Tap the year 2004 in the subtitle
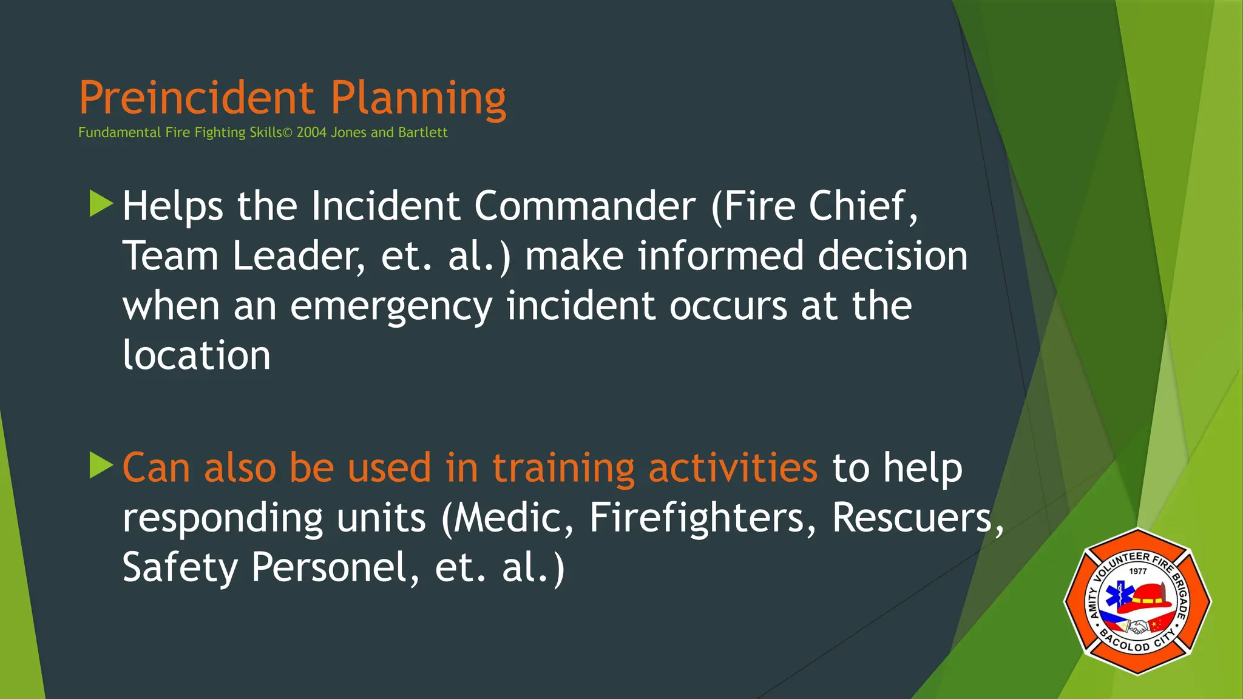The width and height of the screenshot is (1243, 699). click(x=311, y=133)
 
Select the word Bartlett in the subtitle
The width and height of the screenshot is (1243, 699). click(x=423, y=133)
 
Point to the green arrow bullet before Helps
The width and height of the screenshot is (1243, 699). click(x=101, y=204)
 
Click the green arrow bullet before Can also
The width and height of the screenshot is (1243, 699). click(x=101, y=465)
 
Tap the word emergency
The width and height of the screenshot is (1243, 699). click(x=391, y=307)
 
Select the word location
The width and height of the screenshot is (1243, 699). click(x=196, y=356)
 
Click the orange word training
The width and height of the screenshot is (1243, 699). click(x=563, y=469)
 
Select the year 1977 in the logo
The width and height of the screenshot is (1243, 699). click(x=1138, y=571)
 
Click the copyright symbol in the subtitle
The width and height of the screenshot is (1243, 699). click(x=287, y=133)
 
